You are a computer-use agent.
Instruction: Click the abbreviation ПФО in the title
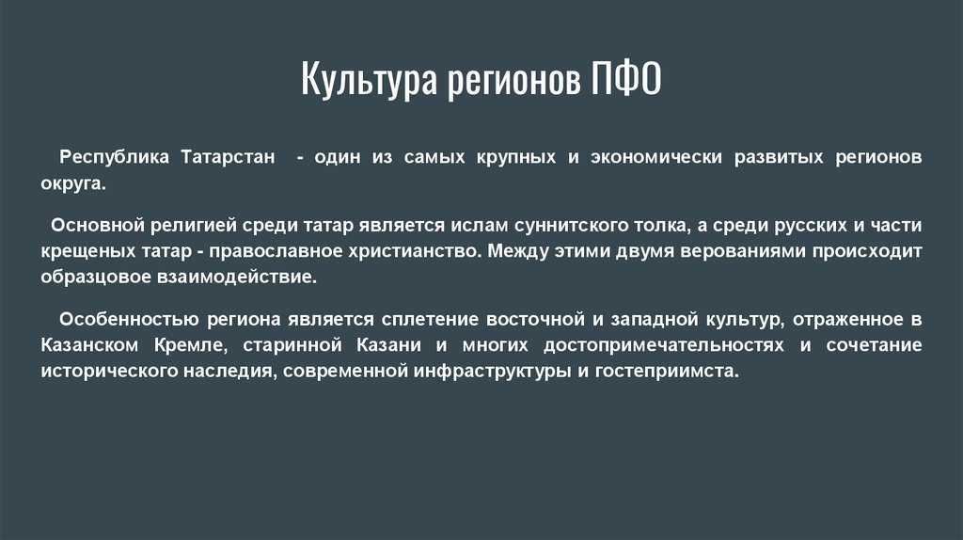(626, 80)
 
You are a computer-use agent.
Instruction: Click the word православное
(279, 253)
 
